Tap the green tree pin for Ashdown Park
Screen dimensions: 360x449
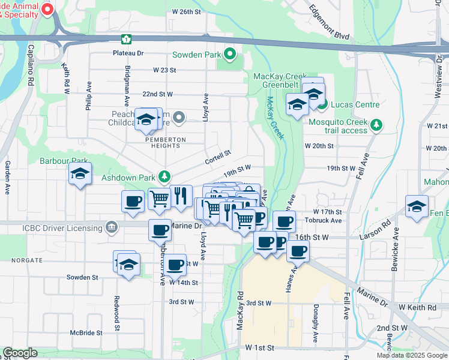(164, 177)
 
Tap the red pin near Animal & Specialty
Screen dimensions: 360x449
(47, 10)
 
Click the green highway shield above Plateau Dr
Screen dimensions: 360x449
(126, 40)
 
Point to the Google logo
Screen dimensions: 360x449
(20, 353)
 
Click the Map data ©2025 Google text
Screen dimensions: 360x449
(412, 355)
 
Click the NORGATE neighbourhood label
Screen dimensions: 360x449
(22, 260)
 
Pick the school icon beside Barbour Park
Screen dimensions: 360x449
(80, 175)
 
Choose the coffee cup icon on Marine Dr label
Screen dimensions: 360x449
(160, 230)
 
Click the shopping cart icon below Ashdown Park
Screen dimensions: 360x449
(159, 198)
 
